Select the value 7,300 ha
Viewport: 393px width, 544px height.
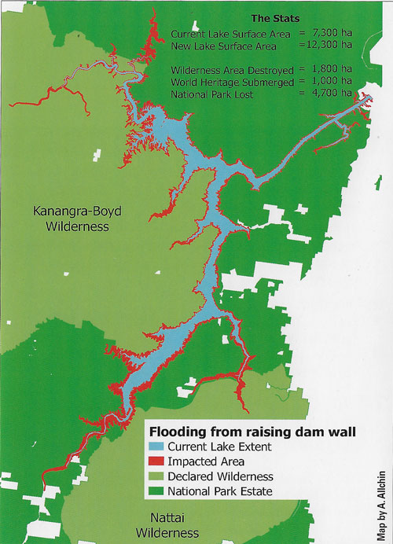331,34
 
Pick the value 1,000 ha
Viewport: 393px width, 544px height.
331,81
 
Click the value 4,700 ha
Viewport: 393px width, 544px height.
331,94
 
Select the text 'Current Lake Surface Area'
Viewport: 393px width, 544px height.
225,34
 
